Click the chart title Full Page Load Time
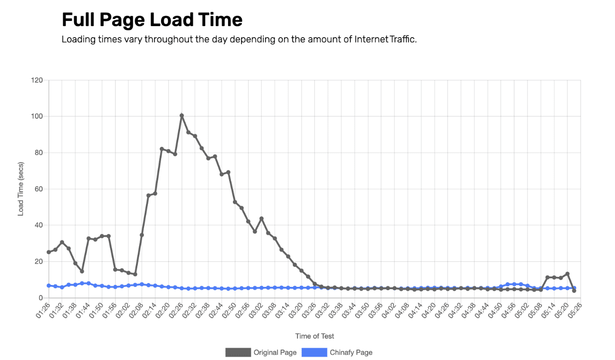(152, 19)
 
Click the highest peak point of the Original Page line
(182, 115)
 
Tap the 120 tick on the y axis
(37, 80)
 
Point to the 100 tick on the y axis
(37, 116)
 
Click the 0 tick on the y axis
(41, 298)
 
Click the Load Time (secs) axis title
(21, 189)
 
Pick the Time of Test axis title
(315, 336)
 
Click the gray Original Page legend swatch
(238, 352)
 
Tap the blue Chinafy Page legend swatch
(314, 352)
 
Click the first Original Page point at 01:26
(48, 252)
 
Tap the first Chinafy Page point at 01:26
(48, 285)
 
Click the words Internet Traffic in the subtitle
(385, 39)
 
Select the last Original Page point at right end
(574, 291)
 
